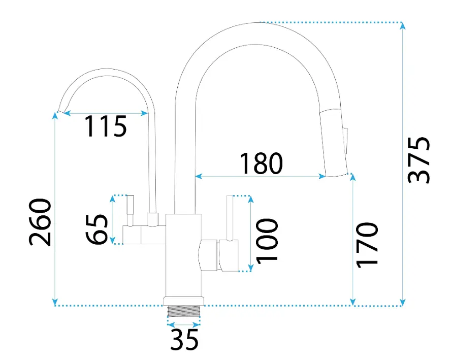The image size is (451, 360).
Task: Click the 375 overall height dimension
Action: click(x=419, y=160)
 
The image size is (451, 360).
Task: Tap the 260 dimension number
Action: click(x=40, y=222)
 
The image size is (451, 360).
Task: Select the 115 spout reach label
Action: click(x=106, y=126)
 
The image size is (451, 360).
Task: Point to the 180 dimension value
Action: click(x=261, y=163)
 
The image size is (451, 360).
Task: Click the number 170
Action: click(x=367, y=245)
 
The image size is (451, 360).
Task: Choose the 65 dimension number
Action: click(x=96, y=229)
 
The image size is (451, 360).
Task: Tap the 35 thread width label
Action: click(x=184, y=339)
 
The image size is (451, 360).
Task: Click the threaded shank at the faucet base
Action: click(x=183, y=311)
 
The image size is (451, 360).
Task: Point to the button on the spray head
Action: click(x=345, y=141)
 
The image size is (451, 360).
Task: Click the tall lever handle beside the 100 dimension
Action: click(x=229, y=218)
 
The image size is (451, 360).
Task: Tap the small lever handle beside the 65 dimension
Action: click(x=130, y=210)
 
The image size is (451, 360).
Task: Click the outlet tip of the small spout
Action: click(x=61, y=111)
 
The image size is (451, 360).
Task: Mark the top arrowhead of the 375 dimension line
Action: click(x=403, y=26)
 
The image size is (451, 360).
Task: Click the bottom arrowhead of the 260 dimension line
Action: click(x=55, y=302)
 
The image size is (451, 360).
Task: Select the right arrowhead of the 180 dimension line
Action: click(x=322, y=176)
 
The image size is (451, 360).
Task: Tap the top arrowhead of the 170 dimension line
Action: click(x=353, y=177)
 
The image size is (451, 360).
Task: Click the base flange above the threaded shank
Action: click(x=184, y=301)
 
